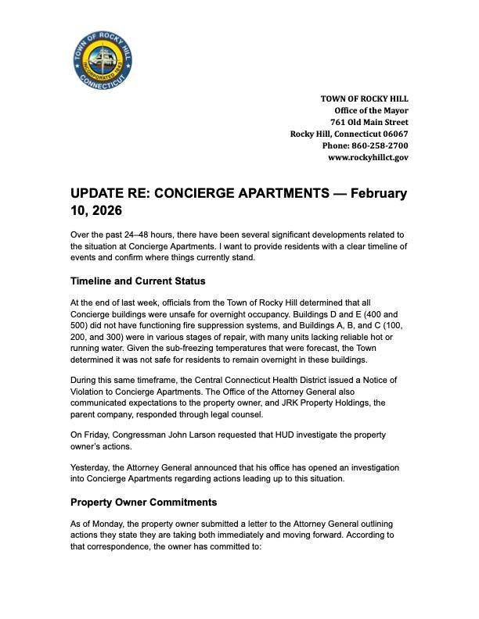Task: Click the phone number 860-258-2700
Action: [x=382, y=145]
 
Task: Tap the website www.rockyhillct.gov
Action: [x=368, y=157]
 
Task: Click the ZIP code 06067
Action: [x=394, y=134]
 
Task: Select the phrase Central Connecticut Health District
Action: [x=249, y=380]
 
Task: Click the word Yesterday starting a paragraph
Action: [x=92, y=467]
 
